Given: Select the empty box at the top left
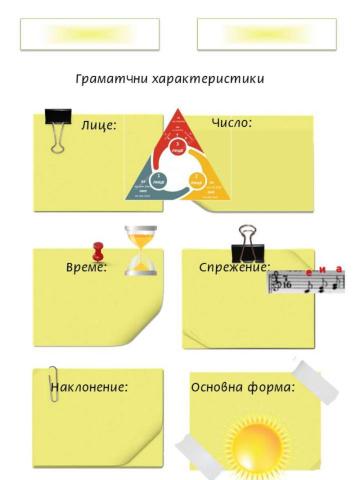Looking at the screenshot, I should pos(89,33).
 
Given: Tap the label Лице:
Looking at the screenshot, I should pos(99,126).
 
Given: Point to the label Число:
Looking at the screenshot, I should pos(231,123).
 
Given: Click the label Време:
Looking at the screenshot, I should pos(86,267).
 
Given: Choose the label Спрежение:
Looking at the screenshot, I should pos(234,267).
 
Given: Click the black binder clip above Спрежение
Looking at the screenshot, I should pos(245,241).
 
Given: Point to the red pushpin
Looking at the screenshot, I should pos(98,252).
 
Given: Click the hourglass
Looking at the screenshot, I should pos(141,250).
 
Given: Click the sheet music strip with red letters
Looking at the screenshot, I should pos(307,282).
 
